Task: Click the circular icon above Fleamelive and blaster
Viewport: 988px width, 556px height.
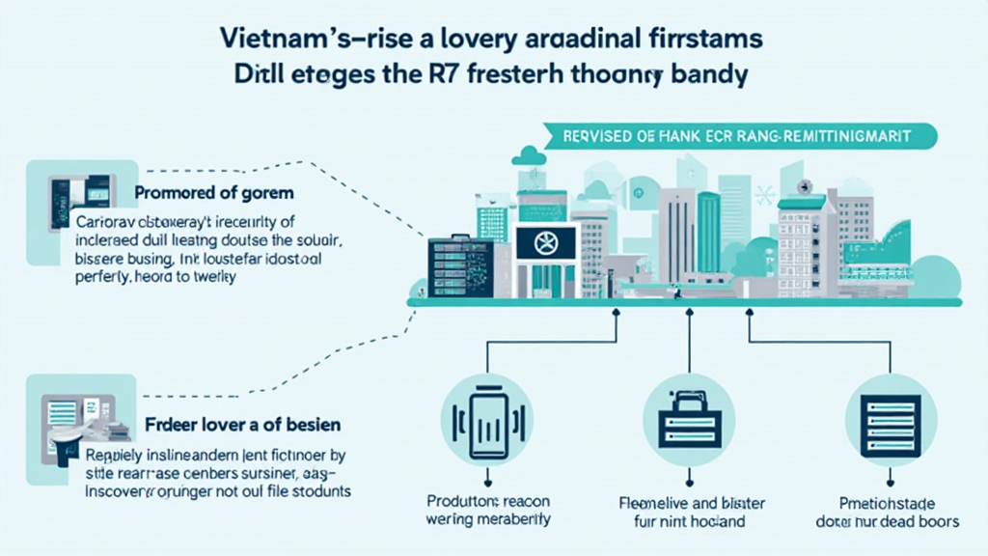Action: coord(688,419)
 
